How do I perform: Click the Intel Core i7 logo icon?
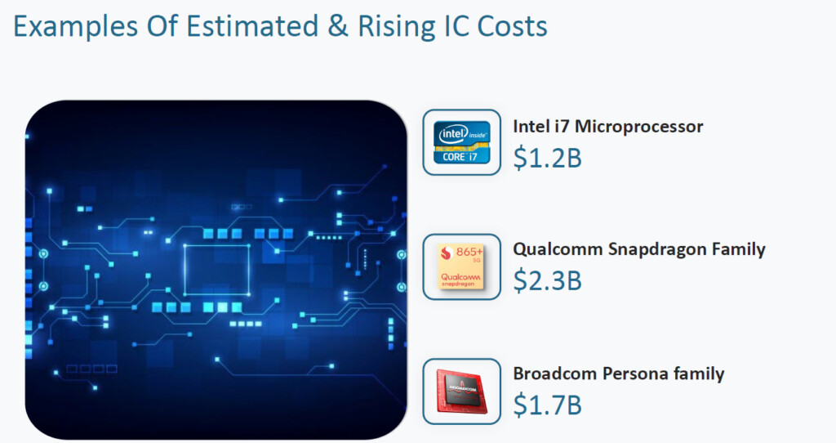(x=462, y=142)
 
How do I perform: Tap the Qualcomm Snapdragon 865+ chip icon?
(x=462, y=266)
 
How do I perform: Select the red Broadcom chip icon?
(x=462, y=392)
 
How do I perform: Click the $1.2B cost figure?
(x=547, y=158)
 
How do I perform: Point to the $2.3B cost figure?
(x=547, y=280)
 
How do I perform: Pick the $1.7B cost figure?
(x=547, y=405)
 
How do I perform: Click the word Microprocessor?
(x=638, y=127)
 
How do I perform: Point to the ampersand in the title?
(x=337, y=26)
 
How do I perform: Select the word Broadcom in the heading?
(x=554, y=373)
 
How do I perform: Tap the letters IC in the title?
(x=456, y=26)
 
